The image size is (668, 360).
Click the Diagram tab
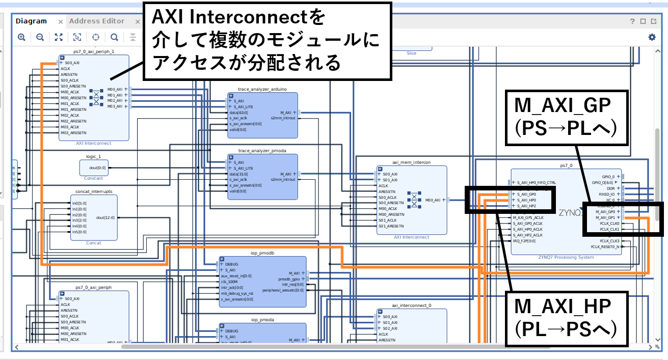click(x=31, y=21)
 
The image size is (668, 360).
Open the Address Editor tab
click(x=97, y=21)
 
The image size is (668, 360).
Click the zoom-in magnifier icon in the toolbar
click(x=21, y=37)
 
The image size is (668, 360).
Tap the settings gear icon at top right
click(x=652, y=37)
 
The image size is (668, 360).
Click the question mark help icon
click(x=632, y=21)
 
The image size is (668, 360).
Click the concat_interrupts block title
click(x=94, y=191)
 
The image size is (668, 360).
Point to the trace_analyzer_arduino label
click(x=262, y=89)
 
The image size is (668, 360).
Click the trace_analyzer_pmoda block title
click(x=262, y=151)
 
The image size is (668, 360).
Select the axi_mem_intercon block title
click(x=411, y=162)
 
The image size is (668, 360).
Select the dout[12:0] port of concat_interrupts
click(x=105, y=217)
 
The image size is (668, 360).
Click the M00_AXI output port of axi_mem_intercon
click(x=435, y=200)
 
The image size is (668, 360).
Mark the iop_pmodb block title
click(x=262, y=253)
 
